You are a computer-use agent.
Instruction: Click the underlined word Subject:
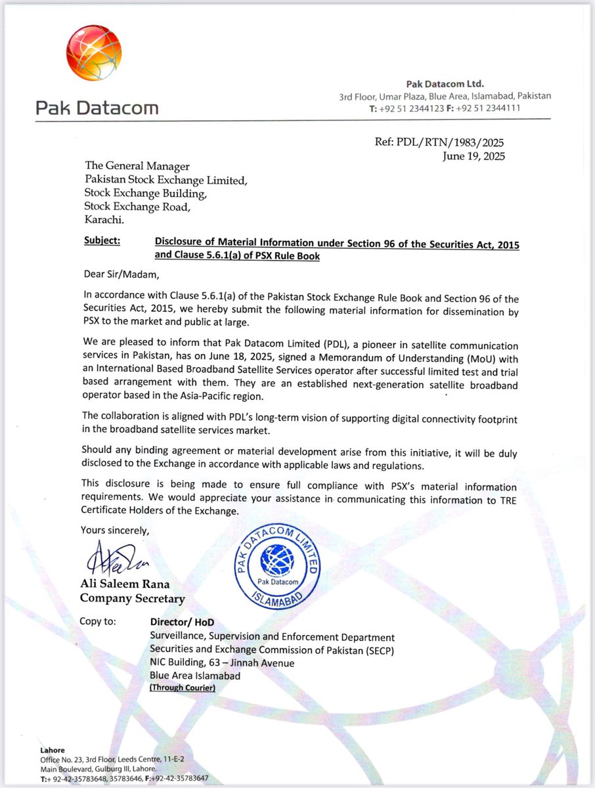coord(102,241)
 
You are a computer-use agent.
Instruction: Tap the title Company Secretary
coord(132,598)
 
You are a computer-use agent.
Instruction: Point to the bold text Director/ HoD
coord(182,622)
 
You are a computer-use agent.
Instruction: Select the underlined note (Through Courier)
coord(182,688)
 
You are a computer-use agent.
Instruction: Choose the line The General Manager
coord(136,167)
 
